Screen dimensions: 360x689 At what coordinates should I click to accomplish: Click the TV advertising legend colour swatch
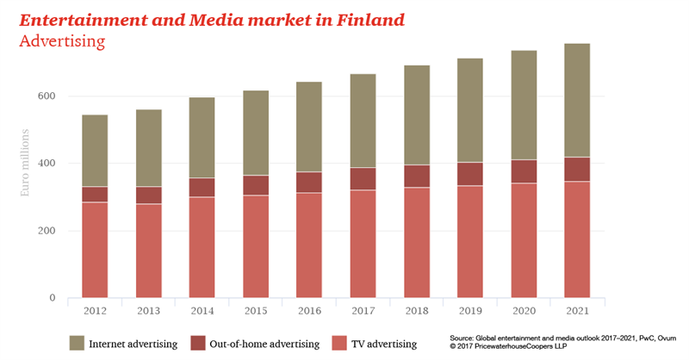click(x=340, y=344)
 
